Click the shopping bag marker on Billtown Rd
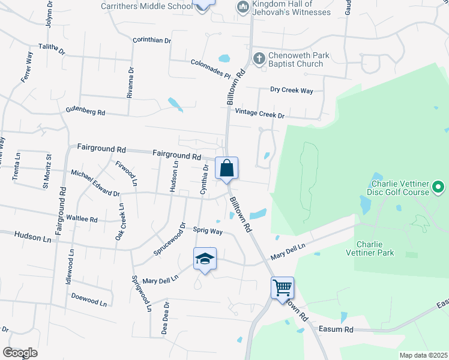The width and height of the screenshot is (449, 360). point(227,168)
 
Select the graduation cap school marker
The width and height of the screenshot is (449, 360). point(205,259)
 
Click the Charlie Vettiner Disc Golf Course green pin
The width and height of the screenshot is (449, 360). point(438,188)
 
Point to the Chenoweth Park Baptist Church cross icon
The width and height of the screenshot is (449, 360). point(259,58)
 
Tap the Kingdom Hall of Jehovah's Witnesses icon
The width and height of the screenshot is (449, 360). point(243,7)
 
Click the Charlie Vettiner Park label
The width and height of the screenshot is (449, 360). point(375,248)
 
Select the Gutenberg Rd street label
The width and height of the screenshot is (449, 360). point(85,112)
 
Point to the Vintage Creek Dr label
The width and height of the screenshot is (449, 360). point(259,113)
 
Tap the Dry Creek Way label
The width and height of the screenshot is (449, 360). point(292,91)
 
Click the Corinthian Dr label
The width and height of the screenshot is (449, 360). point(152,40)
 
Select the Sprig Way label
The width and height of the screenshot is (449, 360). point(208,230)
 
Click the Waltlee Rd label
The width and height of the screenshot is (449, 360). point(82,219)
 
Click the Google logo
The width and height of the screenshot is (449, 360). point(20,352)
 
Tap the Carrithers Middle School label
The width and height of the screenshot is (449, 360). point(147,7)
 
